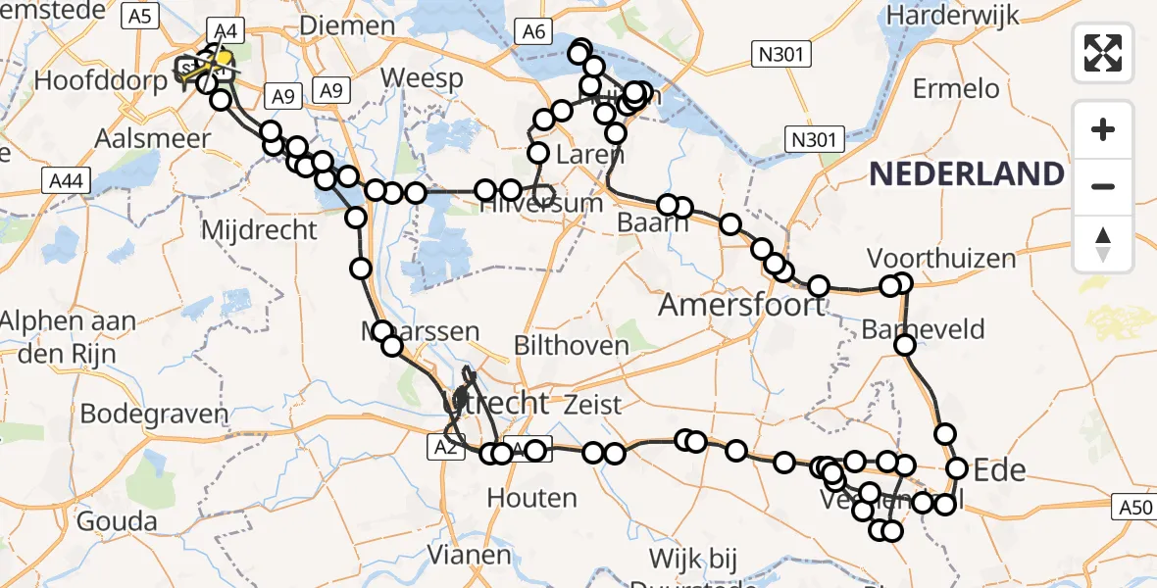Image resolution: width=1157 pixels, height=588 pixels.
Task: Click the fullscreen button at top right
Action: pos(1103,52)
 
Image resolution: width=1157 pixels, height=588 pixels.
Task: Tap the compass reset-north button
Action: pos(1103,244)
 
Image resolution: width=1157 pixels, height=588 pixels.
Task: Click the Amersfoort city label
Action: pos(742,305)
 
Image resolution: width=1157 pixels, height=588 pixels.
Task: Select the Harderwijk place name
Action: pos(952,17)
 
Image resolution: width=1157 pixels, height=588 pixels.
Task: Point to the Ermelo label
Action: pos(956,89)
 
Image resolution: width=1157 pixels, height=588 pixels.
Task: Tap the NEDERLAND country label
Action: pos(966,174)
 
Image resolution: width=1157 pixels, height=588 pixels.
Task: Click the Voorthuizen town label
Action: pos(941,259)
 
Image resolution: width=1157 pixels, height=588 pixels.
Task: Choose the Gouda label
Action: pos(124,520)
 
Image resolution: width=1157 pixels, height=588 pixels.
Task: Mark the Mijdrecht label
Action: pos(259,230)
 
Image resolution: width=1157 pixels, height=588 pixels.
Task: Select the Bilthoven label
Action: pos(573,345)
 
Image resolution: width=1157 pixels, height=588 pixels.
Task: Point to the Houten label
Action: pos(531,498)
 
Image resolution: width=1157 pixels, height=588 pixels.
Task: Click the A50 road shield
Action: pos(1134,508)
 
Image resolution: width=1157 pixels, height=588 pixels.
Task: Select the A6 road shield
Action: pos(533,32)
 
